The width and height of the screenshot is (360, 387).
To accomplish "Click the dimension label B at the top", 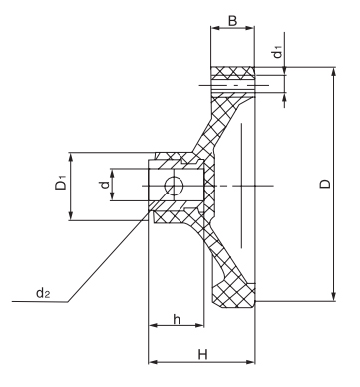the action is [233, 21].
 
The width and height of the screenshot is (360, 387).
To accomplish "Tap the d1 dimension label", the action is [278, 53].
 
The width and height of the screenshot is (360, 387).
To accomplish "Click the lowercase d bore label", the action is [105, 184].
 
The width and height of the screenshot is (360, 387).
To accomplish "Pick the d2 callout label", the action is [43, 293].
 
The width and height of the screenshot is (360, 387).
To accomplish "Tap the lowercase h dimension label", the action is [177, 319].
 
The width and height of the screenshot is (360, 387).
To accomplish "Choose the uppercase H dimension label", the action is [203, 354].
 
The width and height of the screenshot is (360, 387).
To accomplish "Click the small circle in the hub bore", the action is [174, 186].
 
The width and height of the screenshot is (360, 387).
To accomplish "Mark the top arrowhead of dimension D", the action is [334, 71].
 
